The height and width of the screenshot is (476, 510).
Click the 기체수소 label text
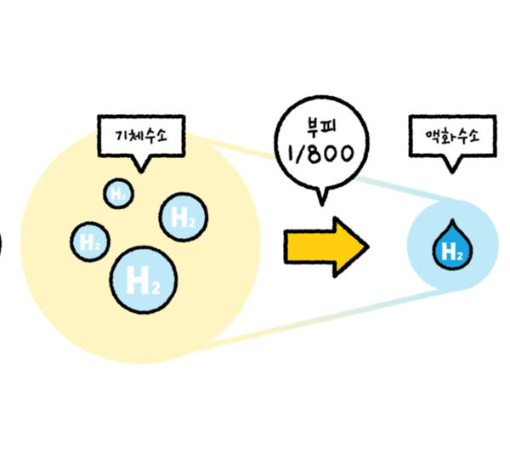coord(141,136)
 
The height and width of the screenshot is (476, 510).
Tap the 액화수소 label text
coord(450,135)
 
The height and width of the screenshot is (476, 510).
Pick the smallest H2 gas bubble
coord(118,194)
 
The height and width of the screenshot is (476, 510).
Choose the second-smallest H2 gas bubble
coord(89,241)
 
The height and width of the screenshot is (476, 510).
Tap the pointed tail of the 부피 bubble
coord(320,201)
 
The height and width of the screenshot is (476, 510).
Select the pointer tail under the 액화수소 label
coord(450,167)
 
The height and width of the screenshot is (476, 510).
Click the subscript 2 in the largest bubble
coord(154,285)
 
